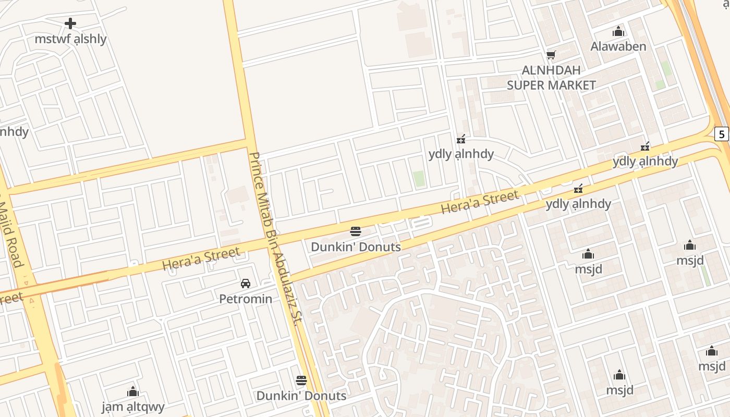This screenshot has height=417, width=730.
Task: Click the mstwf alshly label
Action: pos(70,39)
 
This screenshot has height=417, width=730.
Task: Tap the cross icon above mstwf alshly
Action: pos(70,23)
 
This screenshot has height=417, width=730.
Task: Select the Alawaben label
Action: pos(618,46)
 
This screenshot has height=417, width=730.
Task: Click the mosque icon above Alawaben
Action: pos(618,32)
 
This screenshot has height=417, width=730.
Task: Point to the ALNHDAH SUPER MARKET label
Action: pos(551,78)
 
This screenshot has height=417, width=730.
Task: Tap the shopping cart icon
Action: pos(551,55)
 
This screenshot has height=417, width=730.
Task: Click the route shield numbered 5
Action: pos(722,134)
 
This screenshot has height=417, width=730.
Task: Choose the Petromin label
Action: pos(246,299)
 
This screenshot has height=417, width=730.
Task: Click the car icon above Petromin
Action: pos(246,284)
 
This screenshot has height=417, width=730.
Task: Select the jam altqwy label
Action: pos(133,407)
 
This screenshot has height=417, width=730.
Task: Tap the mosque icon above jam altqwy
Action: pos(133,391)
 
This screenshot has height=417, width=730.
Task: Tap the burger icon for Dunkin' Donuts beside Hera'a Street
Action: pos(356,231)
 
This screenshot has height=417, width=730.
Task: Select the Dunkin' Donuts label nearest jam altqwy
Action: pos(301,396)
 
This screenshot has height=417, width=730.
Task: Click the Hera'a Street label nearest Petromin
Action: pos(201,259)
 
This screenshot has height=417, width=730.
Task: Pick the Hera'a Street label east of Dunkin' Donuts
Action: pos(480,202)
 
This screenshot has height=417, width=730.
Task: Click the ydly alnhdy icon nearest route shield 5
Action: pos(646,146)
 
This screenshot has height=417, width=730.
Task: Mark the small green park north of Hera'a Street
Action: pos(419,179)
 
